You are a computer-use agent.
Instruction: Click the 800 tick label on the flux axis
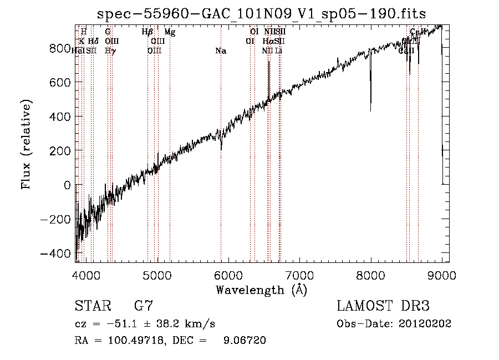(58, 48)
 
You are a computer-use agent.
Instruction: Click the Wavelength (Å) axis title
(261, 290)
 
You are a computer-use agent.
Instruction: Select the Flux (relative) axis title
(26, 144)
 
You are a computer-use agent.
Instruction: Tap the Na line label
(221, 51)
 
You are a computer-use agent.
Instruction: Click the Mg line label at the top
(170, 32)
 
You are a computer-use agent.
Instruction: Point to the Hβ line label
(147, 32)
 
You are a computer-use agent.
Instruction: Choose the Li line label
(279, 51)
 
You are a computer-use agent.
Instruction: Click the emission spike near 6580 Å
(269, 63)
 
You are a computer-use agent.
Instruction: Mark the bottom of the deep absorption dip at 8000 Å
(370, 110)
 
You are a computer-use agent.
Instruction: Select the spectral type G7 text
(143, 306)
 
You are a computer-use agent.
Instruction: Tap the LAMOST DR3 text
(383, 306)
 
